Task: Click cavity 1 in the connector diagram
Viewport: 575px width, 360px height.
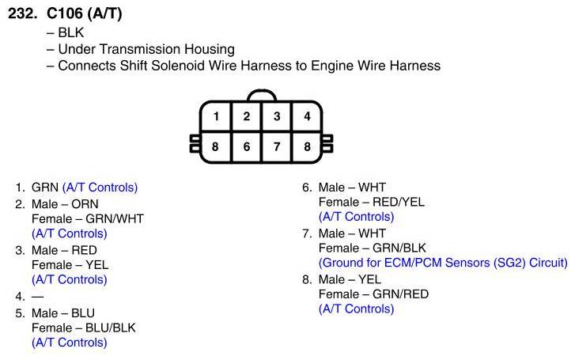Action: pyautogui.click(x=216, y=116)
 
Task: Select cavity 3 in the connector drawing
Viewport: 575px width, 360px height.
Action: pyautogui.click(x=277, y=116)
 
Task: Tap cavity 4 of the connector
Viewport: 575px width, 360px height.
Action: pyautogui.click(x=307, y=116)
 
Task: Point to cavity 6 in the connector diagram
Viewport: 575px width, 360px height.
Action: pyautogui.click(x=247, y=146)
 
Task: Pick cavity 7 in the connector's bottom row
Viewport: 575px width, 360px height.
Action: pyautogui.click(x=277, y=146)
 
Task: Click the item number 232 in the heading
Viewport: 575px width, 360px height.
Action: pyautogui.click(x=21, y=15)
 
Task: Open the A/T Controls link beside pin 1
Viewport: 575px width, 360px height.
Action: pyautogui.click(x=100, y=188)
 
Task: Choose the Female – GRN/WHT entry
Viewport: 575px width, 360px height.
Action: pyautogui.click(x=87, y=218)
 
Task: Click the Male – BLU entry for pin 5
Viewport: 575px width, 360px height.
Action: pyautogui.click(x=64, y=312)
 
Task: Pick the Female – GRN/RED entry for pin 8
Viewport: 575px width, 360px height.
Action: pyautogui.click(x=373, y=294)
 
